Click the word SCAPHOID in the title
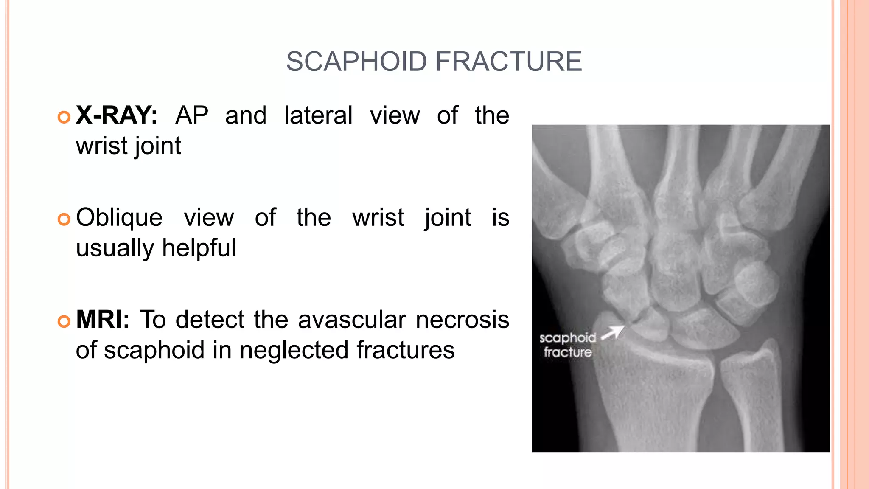pos(356,62)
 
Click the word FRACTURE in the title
pos(509,62)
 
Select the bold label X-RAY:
pos(116,115)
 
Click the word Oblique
pos(119,217)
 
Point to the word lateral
pos(318,115)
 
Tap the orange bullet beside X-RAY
pos(64,117)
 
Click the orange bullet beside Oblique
pos(64,219)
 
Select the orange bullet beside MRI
pos(64,321)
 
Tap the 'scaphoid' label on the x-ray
pos(568,338)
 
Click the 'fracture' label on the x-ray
pos(568,352)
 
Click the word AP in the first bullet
pos(192,115)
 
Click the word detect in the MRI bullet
pos(210,319)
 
